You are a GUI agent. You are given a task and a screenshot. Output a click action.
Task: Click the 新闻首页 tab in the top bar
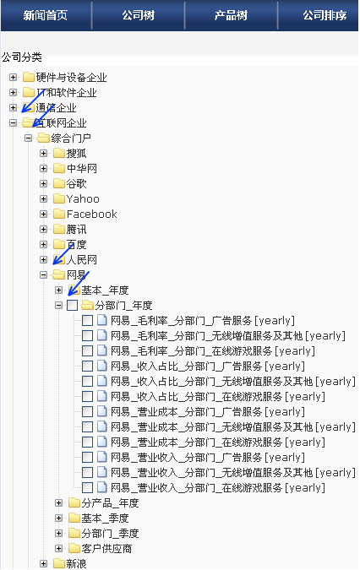coord(46,15)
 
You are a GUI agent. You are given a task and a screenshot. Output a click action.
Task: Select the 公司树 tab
coord(139,15)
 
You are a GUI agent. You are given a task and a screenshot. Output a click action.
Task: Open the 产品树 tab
coord(231,15)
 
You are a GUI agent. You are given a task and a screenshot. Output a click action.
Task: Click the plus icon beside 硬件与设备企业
coord(13,77)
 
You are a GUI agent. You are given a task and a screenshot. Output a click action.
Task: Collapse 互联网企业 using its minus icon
coord(13,123)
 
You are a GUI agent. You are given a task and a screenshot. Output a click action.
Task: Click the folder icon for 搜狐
coord(59,153)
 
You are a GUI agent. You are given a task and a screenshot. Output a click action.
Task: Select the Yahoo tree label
coord(83,198)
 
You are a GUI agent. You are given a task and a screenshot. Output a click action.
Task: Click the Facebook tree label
coord(91,214)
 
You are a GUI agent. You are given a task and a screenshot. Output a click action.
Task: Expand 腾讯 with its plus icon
coord(44,230)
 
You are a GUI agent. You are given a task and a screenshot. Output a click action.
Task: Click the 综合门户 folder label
coord(71,138)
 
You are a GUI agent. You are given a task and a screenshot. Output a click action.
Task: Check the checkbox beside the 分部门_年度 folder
coord(73,306)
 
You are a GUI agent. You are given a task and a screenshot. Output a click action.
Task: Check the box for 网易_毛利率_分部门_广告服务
coord(87,321)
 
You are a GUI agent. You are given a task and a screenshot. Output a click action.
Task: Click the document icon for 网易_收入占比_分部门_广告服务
coord(101,366)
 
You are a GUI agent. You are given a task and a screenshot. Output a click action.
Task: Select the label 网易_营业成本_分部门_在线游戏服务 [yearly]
coord(218,442)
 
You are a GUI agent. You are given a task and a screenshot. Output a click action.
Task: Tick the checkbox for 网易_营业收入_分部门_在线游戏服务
coord(87,488)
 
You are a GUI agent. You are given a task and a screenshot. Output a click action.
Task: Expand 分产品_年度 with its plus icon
coord(59,503)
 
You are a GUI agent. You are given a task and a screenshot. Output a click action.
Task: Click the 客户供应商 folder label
coord(106,549)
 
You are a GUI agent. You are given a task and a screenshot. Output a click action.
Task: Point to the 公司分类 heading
coord(22,57)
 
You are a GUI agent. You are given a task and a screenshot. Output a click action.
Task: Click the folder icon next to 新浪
coord(59,563)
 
